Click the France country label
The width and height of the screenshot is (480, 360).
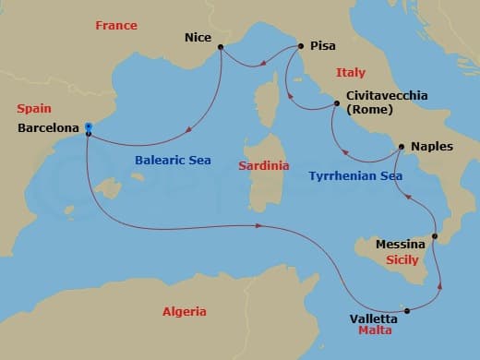115,26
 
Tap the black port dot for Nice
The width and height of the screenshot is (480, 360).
220,47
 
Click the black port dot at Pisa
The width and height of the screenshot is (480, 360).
300,44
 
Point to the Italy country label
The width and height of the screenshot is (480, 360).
350,72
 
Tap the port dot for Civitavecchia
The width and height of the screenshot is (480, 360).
336,106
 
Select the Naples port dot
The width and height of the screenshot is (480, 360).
400,147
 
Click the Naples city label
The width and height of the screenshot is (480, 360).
432,146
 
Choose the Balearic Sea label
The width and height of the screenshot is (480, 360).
173,160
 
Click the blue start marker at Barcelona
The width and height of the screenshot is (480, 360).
88,126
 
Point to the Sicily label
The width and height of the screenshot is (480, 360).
402,261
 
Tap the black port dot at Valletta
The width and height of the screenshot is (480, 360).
408,310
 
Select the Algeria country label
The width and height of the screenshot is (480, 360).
185,311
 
